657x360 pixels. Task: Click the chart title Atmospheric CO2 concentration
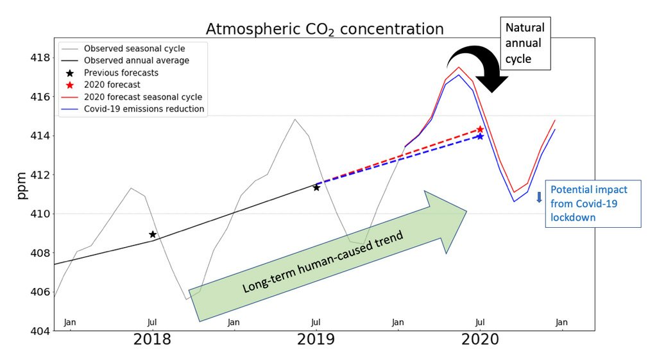(x=324, y=29)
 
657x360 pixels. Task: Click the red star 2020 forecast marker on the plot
(x=480, y=130)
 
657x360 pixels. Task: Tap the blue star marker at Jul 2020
(x=480, y=136)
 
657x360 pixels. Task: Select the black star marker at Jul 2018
(x=153, y=234)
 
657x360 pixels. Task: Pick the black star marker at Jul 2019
(x=316, y=187)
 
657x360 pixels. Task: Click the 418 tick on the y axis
(x=39, y=58)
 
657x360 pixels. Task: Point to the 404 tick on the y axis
(x=39, y=331)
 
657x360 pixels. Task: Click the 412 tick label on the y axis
(x=39, y=175)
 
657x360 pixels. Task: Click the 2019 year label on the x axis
(x=316, y=339)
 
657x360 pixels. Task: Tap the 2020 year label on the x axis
(x=480, y=339)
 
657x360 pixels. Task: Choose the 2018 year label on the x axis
(x=153, y=339)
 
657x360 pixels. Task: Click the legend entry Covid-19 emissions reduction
(x=144, y=109)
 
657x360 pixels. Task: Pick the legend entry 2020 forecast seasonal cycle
(x=142, y=97)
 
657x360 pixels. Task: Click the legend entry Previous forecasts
(x=121, y=73)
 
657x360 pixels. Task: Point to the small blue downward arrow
(x=539, y=197)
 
